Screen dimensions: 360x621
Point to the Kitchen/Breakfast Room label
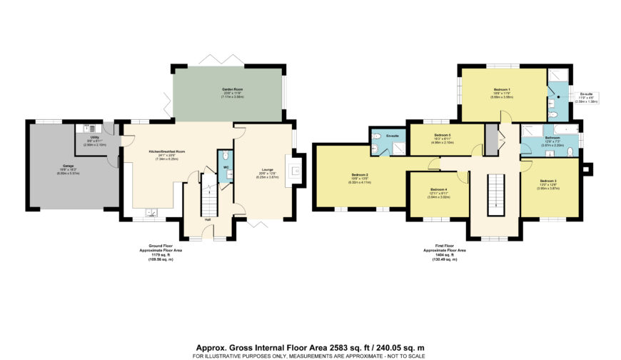(x=166, y=152)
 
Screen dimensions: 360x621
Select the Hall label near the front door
(x=207, y=219)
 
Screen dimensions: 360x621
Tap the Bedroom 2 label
(x=359, y=174)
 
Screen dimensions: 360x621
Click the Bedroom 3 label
(x=547, y=181)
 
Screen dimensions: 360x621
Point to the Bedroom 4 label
(x=438, y=189)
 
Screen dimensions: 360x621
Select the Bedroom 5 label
(x=442, y=135)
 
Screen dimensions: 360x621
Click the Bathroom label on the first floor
(x=551, y=137)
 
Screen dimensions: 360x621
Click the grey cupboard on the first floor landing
(x=490, y=139)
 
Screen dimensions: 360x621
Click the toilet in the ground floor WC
(x=225, y=156)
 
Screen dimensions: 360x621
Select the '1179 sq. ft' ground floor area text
(x=153, y=255)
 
